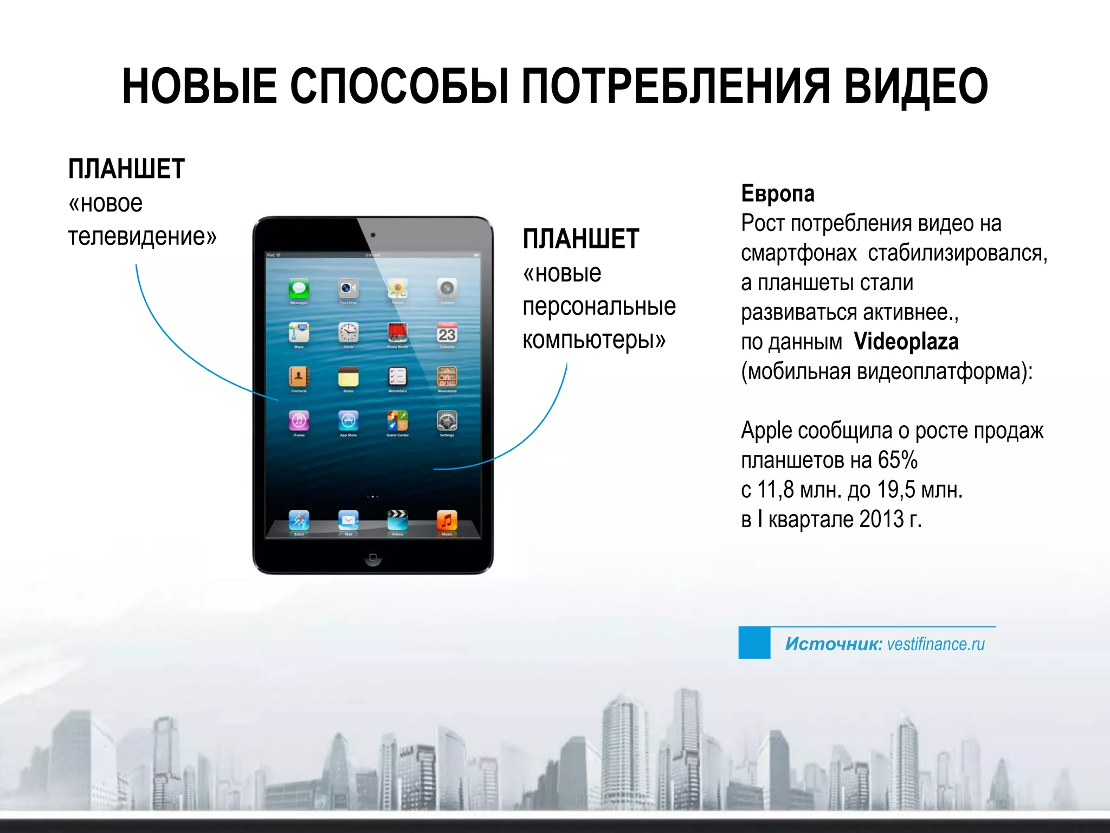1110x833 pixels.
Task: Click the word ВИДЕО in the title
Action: coord(916,87)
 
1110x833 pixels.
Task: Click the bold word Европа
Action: coord(777,194)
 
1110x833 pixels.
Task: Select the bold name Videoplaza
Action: coord(906,342)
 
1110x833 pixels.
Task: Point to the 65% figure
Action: coord(898,460)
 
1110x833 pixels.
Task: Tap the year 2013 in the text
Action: coord(881,519)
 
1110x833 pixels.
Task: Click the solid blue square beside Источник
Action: coord(754,643)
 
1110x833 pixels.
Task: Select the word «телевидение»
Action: coord(142,236)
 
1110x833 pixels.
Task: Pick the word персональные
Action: coord(599,306)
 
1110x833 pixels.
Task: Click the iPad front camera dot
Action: coord(373,235)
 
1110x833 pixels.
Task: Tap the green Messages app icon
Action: coord(299,288)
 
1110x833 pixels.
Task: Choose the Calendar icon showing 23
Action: coord(447,332)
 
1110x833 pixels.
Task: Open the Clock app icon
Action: coord(348,332)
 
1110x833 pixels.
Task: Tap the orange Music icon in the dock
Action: coord(447,520)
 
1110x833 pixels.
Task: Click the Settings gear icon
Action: coord(447,420)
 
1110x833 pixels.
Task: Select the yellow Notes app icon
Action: coord(348,376)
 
